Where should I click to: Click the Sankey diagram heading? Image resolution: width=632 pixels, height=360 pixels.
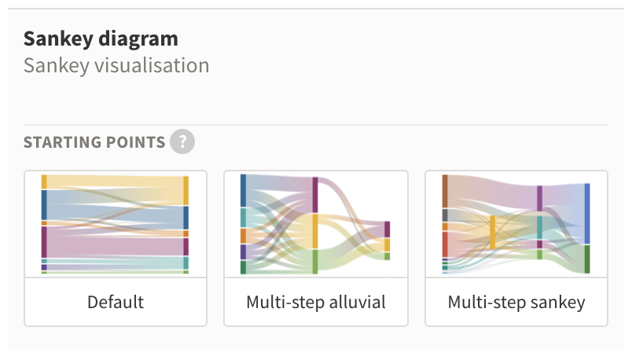[x=101, y=39]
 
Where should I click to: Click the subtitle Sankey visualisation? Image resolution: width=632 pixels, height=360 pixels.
[x=116, y=65]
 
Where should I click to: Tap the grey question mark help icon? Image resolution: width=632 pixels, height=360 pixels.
[x=182, y=141]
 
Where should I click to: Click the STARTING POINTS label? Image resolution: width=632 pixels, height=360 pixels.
[x=94, y=142]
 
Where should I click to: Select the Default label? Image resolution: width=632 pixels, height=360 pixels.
[x=116, y=302]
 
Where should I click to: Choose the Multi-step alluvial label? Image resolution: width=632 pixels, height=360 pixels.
[x=316, y=302]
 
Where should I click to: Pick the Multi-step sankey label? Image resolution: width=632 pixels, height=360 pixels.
[x=516, y=303]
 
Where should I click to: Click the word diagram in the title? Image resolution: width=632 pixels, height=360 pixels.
[x=138, y=39]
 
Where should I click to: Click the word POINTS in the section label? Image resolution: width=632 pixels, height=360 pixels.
[x=135, y=142]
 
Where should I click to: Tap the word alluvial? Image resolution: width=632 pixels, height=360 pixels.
[x=358, y=302]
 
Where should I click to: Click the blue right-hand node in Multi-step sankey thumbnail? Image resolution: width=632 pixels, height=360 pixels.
[x=587, y=214]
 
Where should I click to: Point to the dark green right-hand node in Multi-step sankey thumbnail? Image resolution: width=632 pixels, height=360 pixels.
[x=587, y=259]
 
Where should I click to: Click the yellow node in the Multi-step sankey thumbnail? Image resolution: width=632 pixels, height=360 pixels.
[x=492, y=232]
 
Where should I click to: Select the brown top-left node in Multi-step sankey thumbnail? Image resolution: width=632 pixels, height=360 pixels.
[x=445, y=191]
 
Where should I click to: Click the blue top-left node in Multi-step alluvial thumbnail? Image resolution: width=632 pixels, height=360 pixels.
[x=243, y=190]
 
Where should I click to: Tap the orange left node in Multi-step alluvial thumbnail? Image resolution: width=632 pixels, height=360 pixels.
[x=243, y=236]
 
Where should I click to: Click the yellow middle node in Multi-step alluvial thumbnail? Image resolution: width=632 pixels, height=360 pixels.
[x=315, y=231]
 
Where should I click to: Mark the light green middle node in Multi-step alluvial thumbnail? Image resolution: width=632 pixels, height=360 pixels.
[x=315, y=262]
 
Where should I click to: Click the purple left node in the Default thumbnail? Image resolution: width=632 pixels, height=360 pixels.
[x=44, y=242]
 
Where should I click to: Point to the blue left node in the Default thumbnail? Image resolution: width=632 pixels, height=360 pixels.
[x=44, y=205]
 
